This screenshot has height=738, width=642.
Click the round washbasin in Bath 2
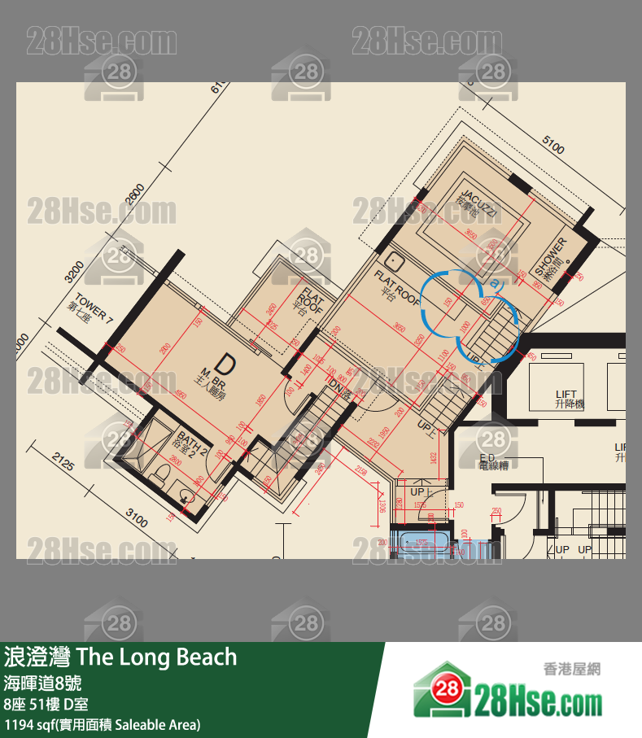click(x=186, y=493)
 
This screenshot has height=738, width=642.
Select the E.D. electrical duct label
click(x=493, y=461)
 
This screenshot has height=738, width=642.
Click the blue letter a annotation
click(x=495, y=284)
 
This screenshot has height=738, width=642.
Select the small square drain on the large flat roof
click(x=395, y=262)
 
